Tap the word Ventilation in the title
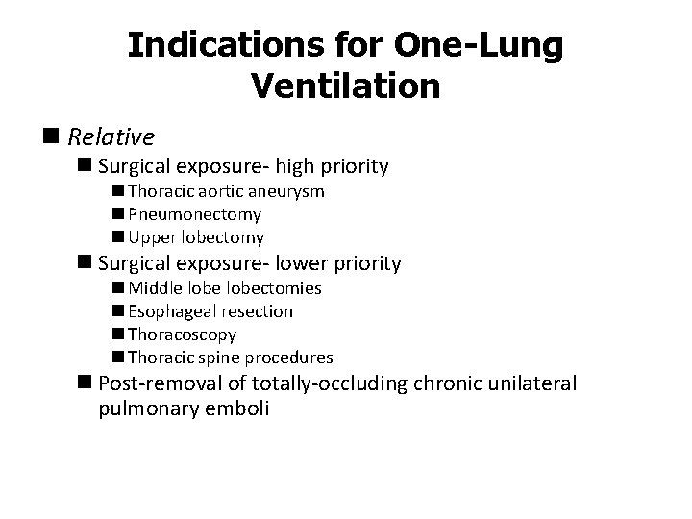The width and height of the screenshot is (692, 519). coord(345,86)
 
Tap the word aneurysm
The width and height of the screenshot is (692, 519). coord(287,191)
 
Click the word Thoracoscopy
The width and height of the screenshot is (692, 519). coord(182,334)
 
